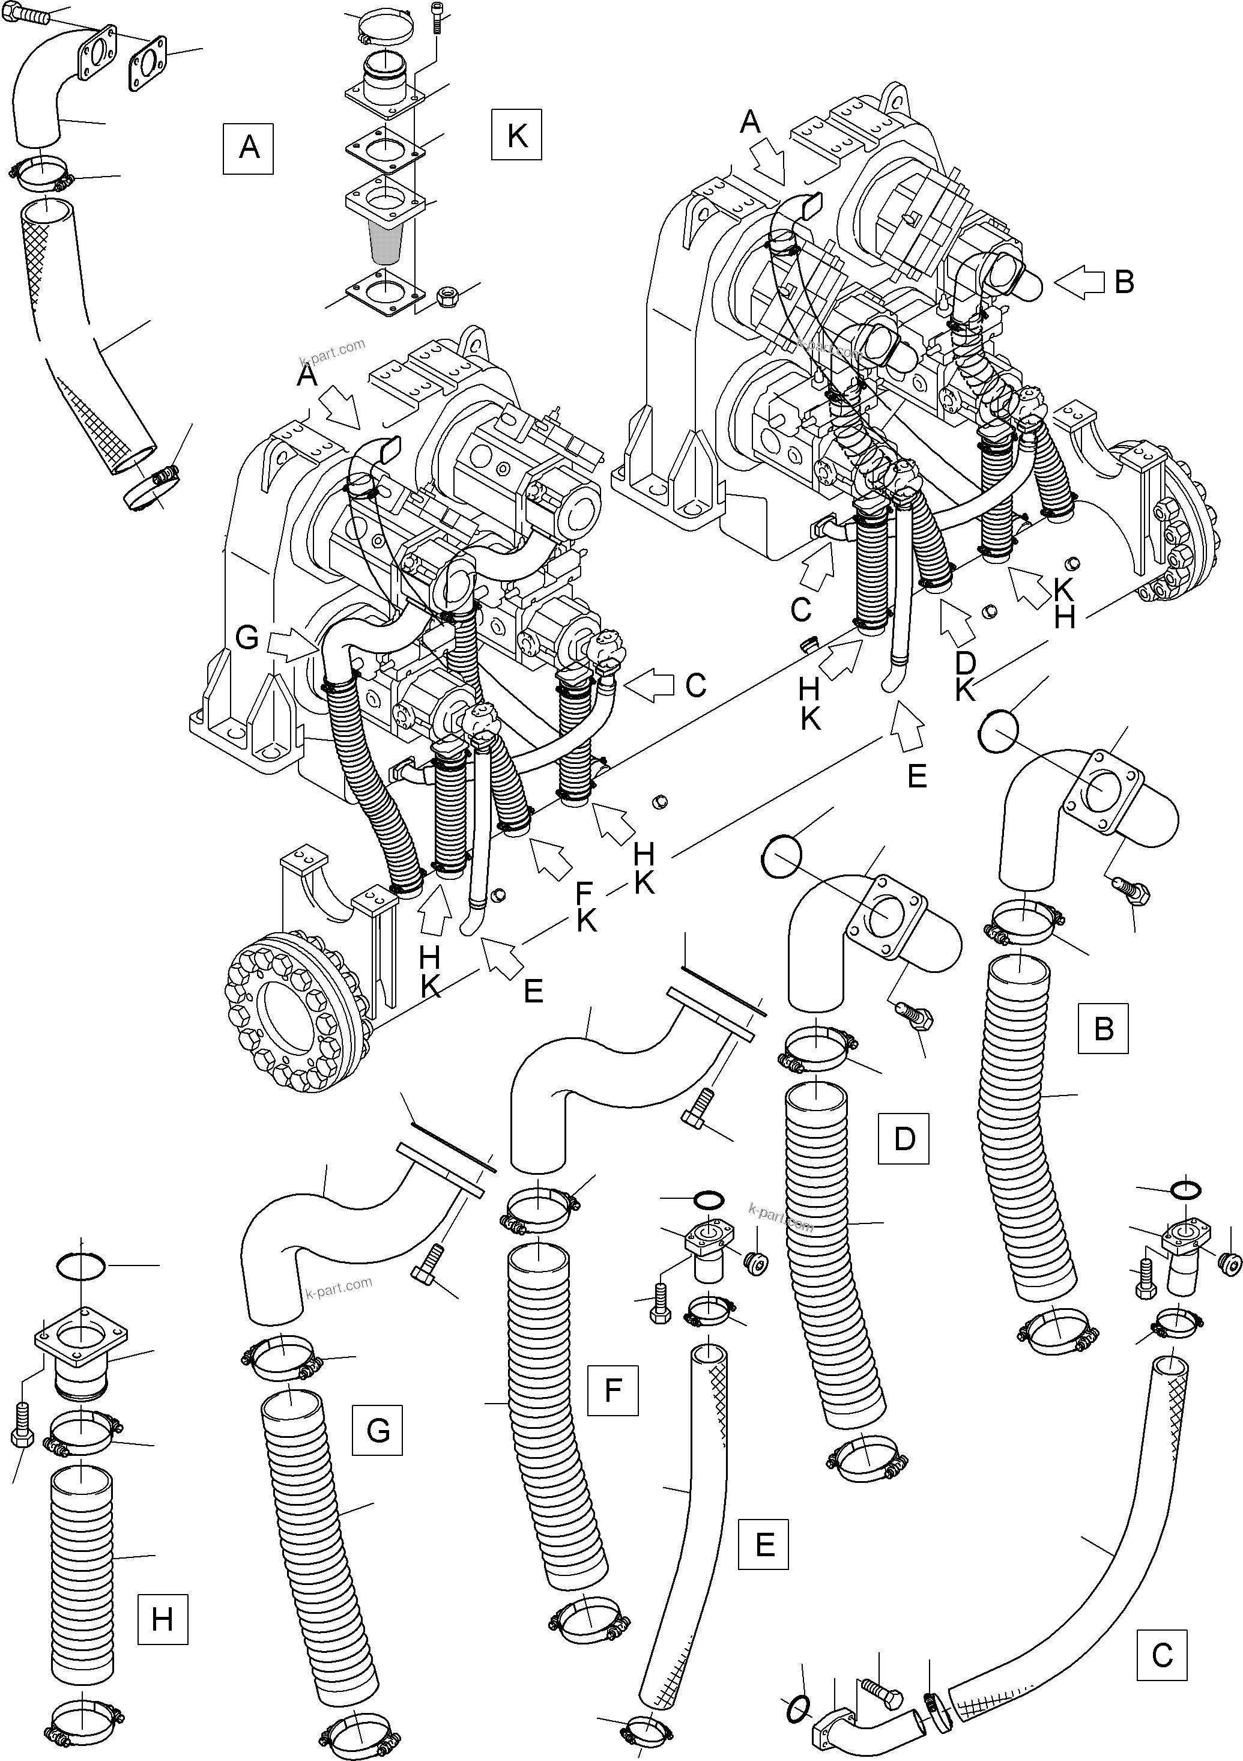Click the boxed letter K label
(x=517, y=135)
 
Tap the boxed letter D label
(x=904, y=1138)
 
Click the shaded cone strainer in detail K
(x=386, y=240)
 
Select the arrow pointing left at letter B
(x=1079, y=283)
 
